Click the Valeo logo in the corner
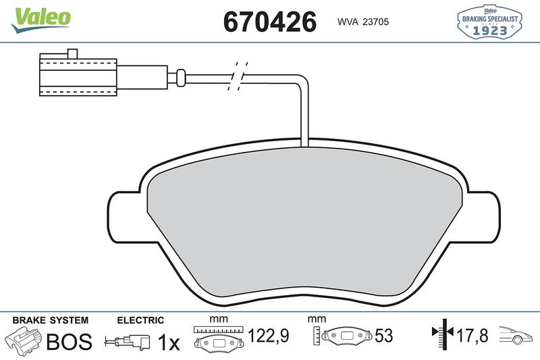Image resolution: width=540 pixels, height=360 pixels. pos(39,16)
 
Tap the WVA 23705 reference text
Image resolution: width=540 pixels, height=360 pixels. pos(362,22)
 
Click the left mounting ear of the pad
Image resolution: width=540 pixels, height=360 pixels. pos(126,215)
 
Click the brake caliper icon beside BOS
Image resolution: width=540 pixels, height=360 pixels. pos(22,340)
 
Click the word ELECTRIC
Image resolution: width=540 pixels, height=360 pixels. pos(140,319)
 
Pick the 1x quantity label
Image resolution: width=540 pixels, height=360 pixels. pos(168,342)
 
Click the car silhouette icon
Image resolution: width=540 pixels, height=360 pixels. pos(515,334)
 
